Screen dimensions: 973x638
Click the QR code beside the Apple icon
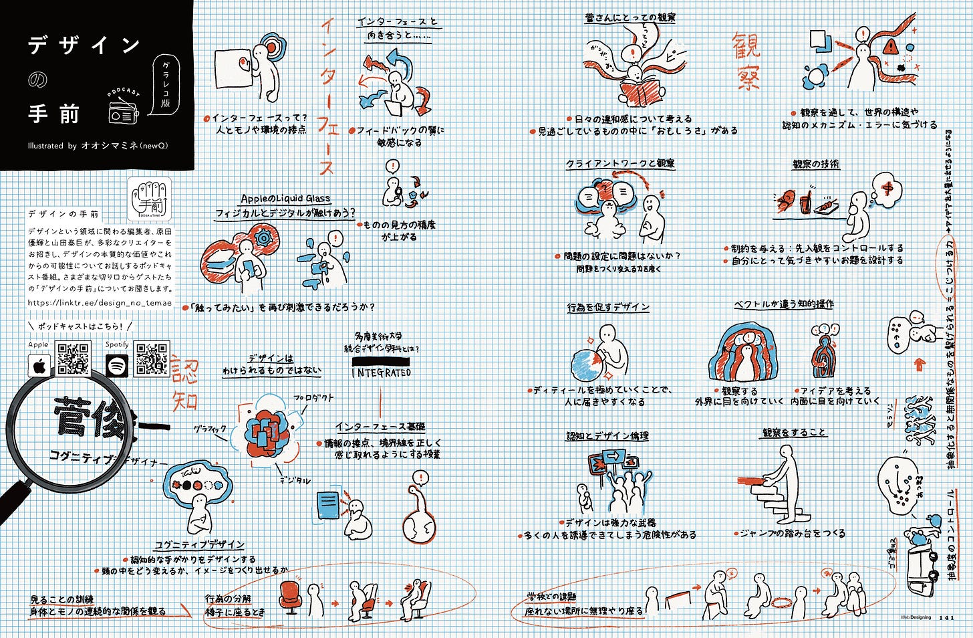click(73, 359)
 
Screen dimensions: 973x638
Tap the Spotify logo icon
click(117, 365)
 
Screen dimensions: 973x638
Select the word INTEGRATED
click(382, 373)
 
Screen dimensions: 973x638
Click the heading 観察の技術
click(816, 164)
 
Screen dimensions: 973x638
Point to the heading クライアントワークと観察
click(620, 164)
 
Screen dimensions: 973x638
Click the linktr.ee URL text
click(100, 302)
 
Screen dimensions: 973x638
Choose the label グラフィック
click(210, 428)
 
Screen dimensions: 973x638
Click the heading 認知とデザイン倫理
click(607, 436)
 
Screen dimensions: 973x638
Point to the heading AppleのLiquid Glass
click(285, 199)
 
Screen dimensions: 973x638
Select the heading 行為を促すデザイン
click(608, 308)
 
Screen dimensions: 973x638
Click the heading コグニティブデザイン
click(199, 544)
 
